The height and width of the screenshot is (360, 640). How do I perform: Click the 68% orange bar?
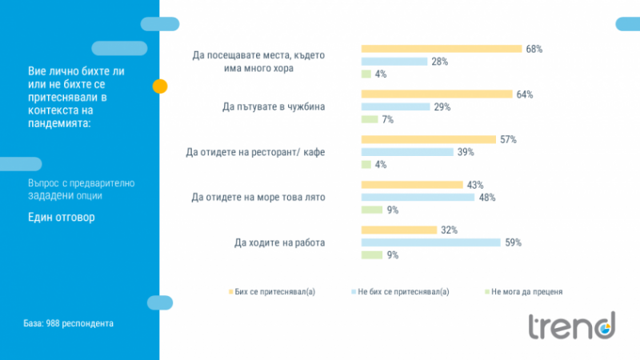[x=442, y=49]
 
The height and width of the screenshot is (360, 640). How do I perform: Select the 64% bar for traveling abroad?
[x=437, y=94]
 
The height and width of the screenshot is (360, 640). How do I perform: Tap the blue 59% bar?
[x=431, y=242]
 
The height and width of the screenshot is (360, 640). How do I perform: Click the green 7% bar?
[x=370, y=119]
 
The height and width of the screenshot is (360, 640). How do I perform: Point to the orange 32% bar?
[x=399, y=230]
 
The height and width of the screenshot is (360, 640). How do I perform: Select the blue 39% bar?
[x=408, y=152]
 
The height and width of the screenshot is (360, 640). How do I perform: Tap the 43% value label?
[x=475, y=185]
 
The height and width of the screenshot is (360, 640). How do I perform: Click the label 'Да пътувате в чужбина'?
[x=274, y=106]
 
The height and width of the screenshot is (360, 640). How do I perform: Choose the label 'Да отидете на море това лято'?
[x=260, y=197]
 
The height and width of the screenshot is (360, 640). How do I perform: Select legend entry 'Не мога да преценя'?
[x=524, y=292]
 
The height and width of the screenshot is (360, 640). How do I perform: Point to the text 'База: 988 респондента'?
[x=68, y=324]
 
